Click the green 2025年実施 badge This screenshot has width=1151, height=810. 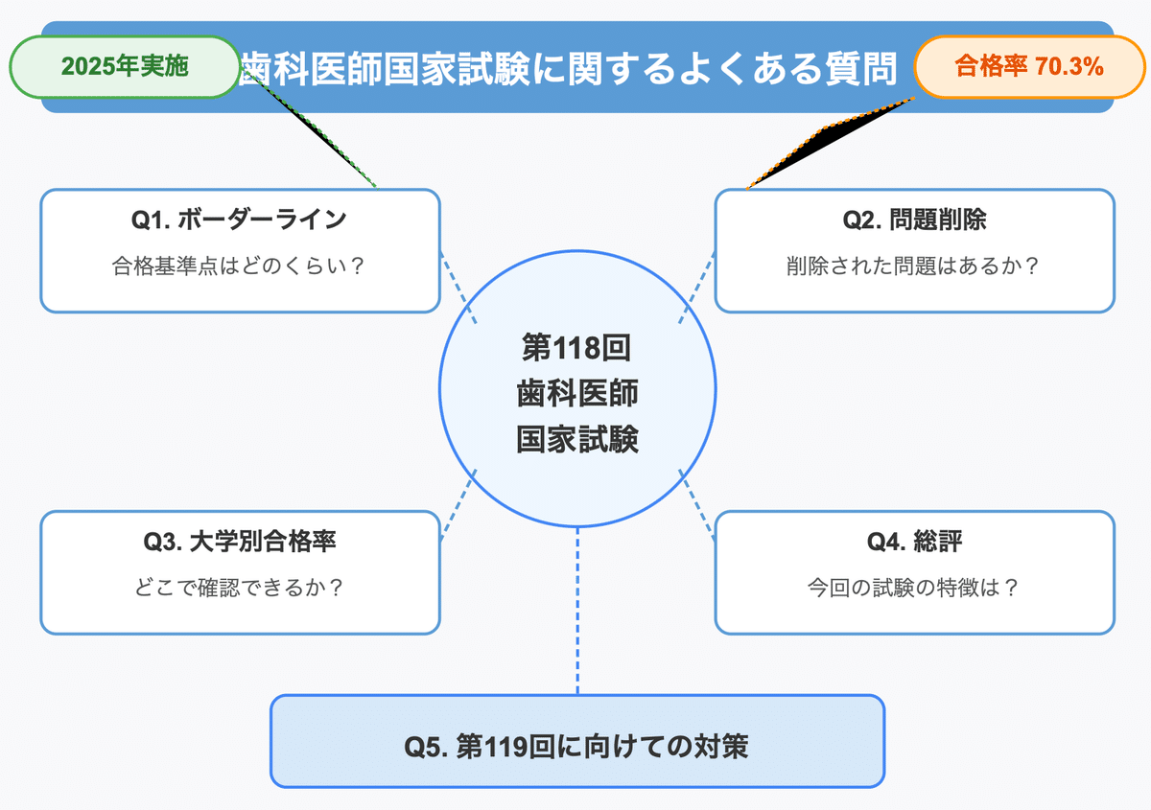pyautogui.click(x=125, y=67)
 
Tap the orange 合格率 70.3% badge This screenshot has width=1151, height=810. pyautogui.click(x=1030, y=67)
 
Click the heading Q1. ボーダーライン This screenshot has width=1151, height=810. pyautogui.click(x=239, y=220)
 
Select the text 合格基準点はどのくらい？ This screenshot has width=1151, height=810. pyautogui.click(x=239, y=266)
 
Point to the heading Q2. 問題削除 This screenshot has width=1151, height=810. pyautogui.click(x=915, y=220)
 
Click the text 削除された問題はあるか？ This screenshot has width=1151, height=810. pyautogui.click(x=913, y=266)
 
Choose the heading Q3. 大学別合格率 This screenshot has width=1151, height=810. pyautogui.click(x=240, y=542)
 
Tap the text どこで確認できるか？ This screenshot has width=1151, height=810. pyautogui.click(x=239, y=588)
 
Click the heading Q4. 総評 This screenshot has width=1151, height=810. pyautogui.click(x=915, y=542)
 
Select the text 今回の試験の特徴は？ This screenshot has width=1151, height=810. pyautogui.click(x=913, y=588)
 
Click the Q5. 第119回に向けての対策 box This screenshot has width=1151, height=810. pyautogui.click(x=577, y=741)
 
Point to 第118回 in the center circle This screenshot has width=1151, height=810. pyautogui.click(x=576, y=348)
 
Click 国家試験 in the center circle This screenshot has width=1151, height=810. pyautogui.click(x=577, y=439)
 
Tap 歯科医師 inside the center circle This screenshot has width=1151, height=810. pyautogui.click(x=577, y=393)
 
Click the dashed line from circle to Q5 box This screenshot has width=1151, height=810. pyautogui.click(x=577, y=611)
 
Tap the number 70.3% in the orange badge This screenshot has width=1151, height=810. pyautogui.click(x=1069, y=67)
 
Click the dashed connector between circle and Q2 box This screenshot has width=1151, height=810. pyautogui.click(x=696, y=288)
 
